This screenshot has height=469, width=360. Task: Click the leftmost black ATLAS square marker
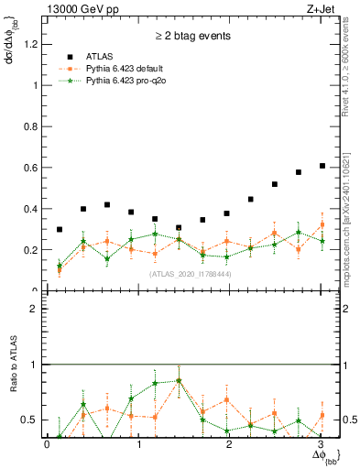pyautogui.click(x=60, y=230)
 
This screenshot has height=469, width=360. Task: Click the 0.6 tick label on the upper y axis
pyautogui.click(x=32, y=168)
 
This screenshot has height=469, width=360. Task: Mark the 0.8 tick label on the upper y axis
pyautogui.click(x=32, y=126)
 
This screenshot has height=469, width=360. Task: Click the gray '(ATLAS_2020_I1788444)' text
pyautogui.click(x=189, y=274)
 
